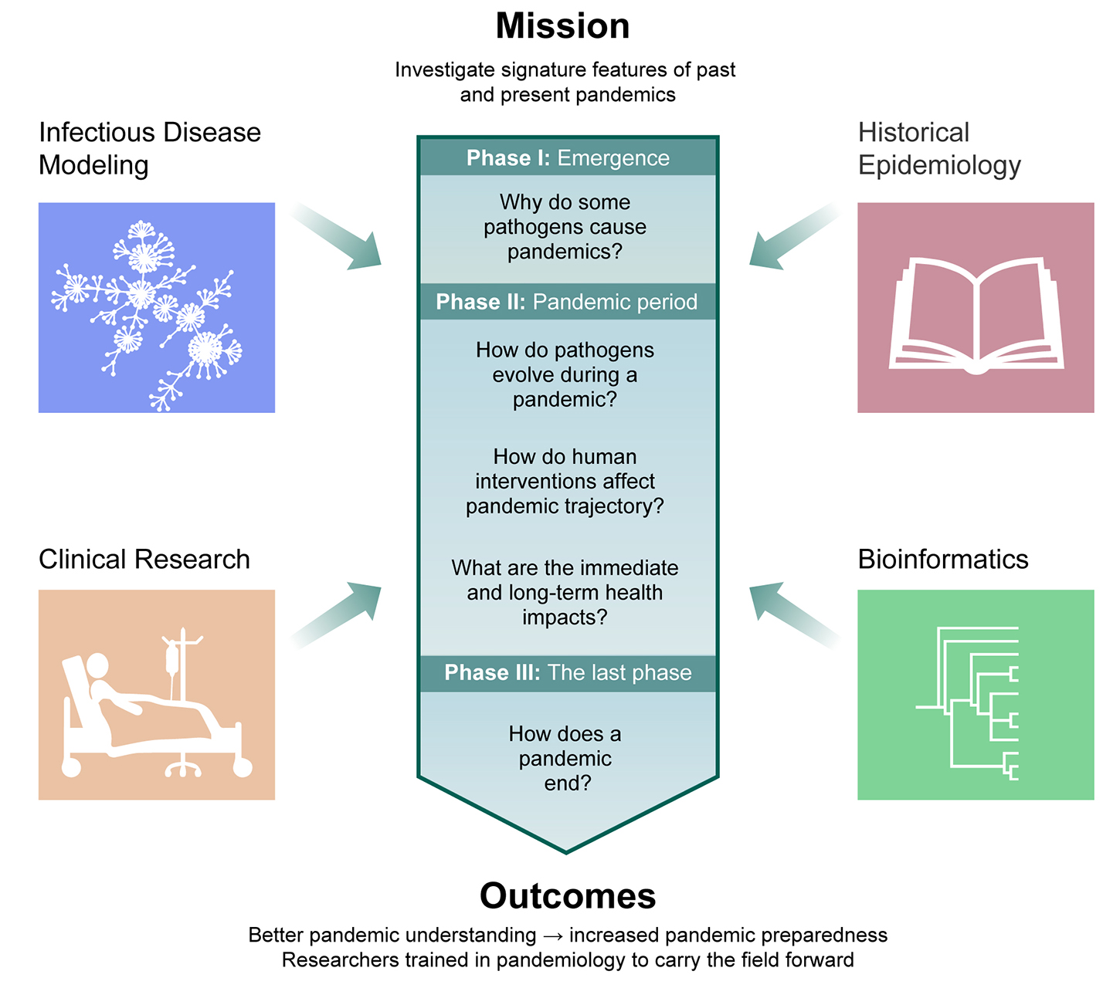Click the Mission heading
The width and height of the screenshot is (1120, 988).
562,26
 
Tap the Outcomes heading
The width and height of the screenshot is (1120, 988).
568,896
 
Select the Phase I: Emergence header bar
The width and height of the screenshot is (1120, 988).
568,157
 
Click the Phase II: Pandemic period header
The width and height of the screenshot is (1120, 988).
566,302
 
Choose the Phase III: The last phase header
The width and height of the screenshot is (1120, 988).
568,672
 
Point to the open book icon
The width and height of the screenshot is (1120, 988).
976,316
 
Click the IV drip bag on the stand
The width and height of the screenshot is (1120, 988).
171,661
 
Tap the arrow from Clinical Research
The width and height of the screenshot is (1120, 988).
340,613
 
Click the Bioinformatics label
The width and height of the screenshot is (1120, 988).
942,559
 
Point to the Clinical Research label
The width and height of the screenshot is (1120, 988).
144,559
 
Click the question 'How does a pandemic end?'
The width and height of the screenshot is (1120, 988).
565,758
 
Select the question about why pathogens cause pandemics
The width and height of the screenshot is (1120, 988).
565,227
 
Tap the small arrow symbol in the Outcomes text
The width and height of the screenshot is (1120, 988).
552,936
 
